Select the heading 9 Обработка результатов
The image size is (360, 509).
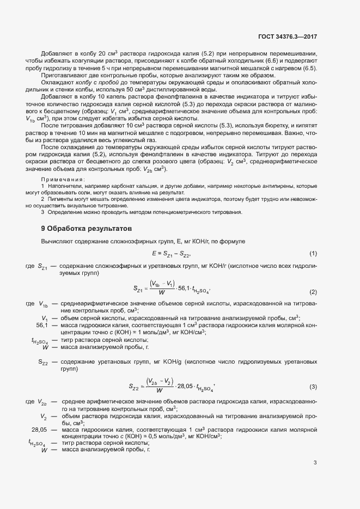[83, 228]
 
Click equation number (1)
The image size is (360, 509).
[313, 254]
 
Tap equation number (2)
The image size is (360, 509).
[313, 292]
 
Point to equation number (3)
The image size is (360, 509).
[313, 387]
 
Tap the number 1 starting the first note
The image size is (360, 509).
[42, 186]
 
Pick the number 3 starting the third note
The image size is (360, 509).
[42, 212]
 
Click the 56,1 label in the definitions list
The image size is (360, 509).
[42, 325]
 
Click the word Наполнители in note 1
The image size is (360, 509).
[63, 186]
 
